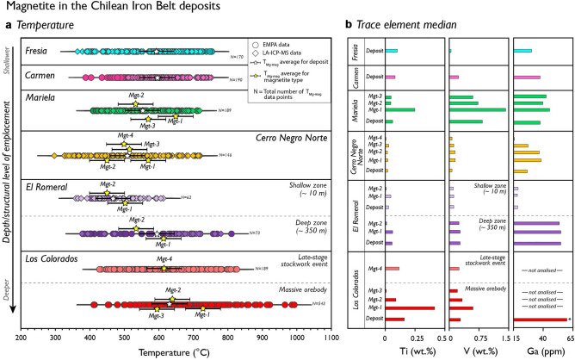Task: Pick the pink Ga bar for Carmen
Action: click(x=527, y=78)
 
